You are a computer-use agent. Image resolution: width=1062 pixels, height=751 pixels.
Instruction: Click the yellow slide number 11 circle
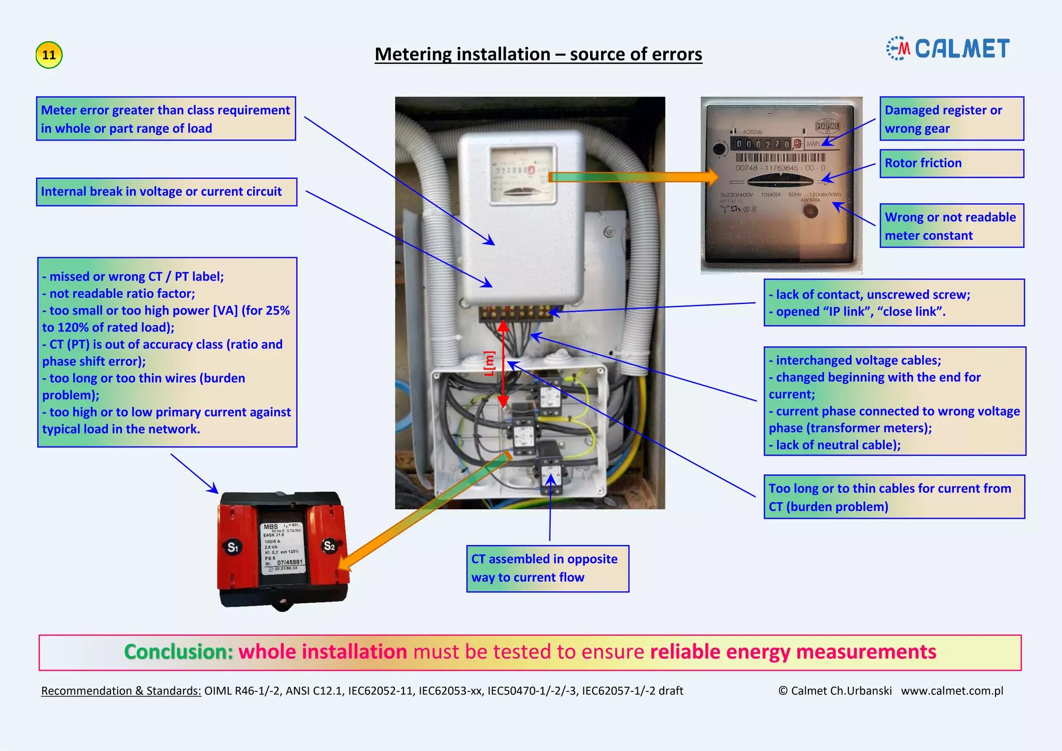click(49, 55)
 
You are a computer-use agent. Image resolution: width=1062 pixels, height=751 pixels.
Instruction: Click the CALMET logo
click(948, 49)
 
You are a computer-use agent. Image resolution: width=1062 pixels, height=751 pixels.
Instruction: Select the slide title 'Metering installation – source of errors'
click(538, 54)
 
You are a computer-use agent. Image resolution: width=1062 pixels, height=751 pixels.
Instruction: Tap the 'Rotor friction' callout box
click(952, 163)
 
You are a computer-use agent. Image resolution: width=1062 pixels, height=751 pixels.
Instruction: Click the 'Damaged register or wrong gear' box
click(952, 119)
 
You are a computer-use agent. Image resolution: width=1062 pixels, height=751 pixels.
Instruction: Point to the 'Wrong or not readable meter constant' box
click(952, 226)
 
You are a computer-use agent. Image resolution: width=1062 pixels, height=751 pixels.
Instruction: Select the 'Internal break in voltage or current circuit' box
click(166, 192)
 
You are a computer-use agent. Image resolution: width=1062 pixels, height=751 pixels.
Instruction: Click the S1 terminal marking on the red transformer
click(233, 547)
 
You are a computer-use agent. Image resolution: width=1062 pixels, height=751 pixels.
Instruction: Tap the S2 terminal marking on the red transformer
click(329, 546)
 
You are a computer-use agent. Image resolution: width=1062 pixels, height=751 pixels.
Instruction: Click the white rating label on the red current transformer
click(282, 548)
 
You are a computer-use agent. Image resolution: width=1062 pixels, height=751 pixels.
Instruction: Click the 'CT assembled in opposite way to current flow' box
click(548, 568)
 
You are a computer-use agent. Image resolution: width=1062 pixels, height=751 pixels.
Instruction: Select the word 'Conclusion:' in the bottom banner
click(179, 652)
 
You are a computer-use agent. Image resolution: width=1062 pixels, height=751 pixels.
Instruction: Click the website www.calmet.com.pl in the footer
click(952, 691)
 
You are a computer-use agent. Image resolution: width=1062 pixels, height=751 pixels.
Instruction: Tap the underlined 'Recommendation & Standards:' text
click(121, 691)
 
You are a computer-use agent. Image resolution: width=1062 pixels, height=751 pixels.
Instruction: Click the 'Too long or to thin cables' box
click(894, 497)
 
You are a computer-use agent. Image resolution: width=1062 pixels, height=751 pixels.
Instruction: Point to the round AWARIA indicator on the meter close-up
click(810, 211)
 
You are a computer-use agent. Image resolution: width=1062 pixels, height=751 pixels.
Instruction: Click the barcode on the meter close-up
click(780, 158)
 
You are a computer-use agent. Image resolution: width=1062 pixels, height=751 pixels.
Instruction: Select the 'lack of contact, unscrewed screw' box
click(894, 303)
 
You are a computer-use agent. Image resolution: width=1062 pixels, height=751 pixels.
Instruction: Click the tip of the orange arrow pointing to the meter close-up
click(717, 177)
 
